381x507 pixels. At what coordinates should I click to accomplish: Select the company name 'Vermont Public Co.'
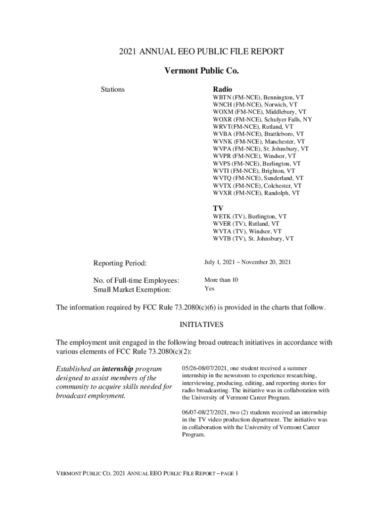click(201, 71)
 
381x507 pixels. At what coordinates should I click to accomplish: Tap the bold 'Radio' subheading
click(222, 89)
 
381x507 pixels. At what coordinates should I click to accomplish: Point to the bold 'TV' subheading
click(218, 208)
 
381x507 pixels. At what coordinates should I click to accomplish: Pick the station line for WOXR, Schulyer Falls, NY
click(262, 119)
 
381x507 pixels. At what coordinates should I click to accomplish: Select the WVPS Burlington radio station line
click(256, 163)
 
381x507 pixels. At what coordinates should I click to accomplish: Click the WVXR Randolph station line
click(256, 193)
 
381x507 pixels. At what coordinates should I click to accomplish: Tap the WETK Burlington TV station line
click(249, 216)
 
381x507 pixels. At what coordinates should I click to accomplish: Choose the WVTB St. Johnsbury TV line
click(253, 238)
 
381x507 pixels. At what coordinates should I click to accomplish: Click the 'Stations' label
click(113, 90)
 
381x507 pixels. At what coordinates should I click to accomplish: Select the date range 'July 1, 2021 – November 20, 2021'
click(247, 262)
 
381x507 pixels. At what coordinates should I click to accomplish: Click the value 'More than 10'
click(221, 280)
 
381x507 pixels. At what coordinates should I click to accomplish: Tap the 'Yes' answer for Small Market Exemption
click(210, 289)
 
